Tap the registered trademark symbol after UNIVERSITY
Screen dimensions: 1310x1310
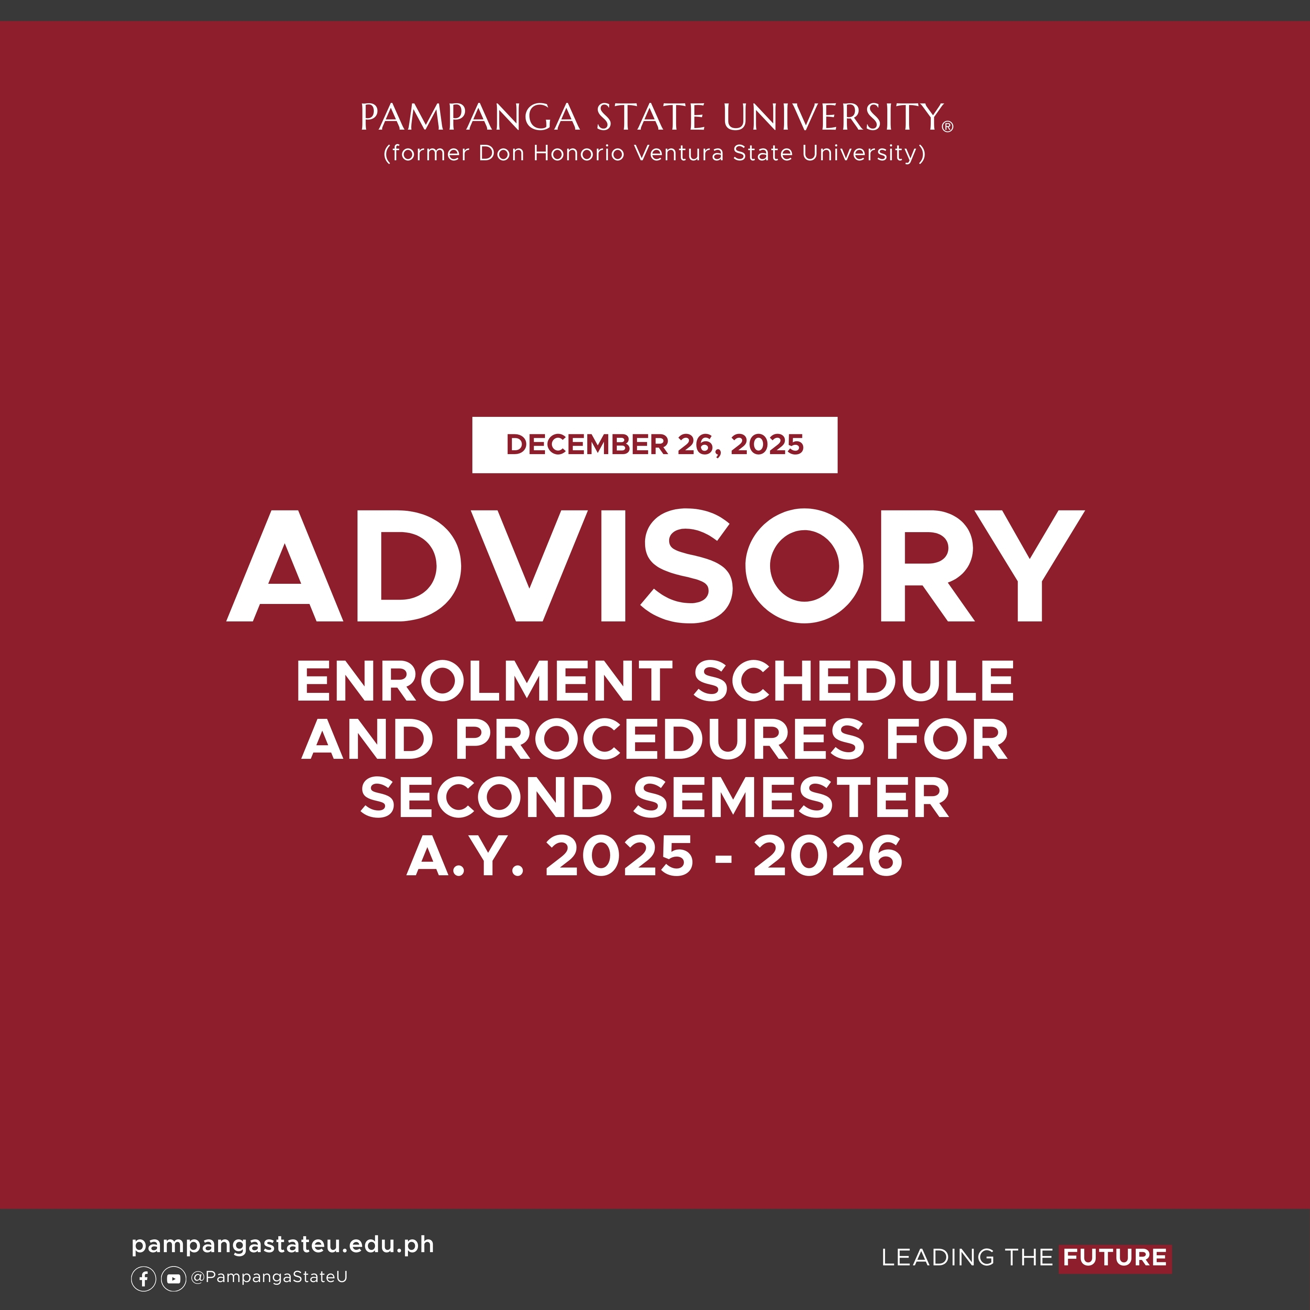click(948, 126)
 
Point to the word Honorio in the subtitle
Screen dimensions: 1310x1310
click(578, 153)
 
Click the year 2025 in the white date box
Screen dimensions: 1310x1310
click(767, 445)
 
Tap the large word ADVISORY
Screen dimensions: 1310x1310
click(655, 566)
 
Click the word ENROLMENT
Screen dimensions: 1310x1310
click(484, 682)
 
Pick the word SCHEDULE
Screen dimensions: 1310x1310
click(854, 682)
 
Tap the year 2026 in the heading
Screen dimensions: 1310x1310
click(828, 856)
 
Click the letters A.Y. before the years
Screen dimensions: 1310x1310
click(465, 856)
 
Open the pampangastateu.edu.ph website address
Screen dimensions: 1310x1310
click(283, 1245)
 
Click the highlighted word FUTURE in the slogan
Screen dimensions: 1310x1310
click(1115, 1258)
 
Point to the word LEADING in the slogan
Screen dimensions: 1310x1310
click(939, 1258)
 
